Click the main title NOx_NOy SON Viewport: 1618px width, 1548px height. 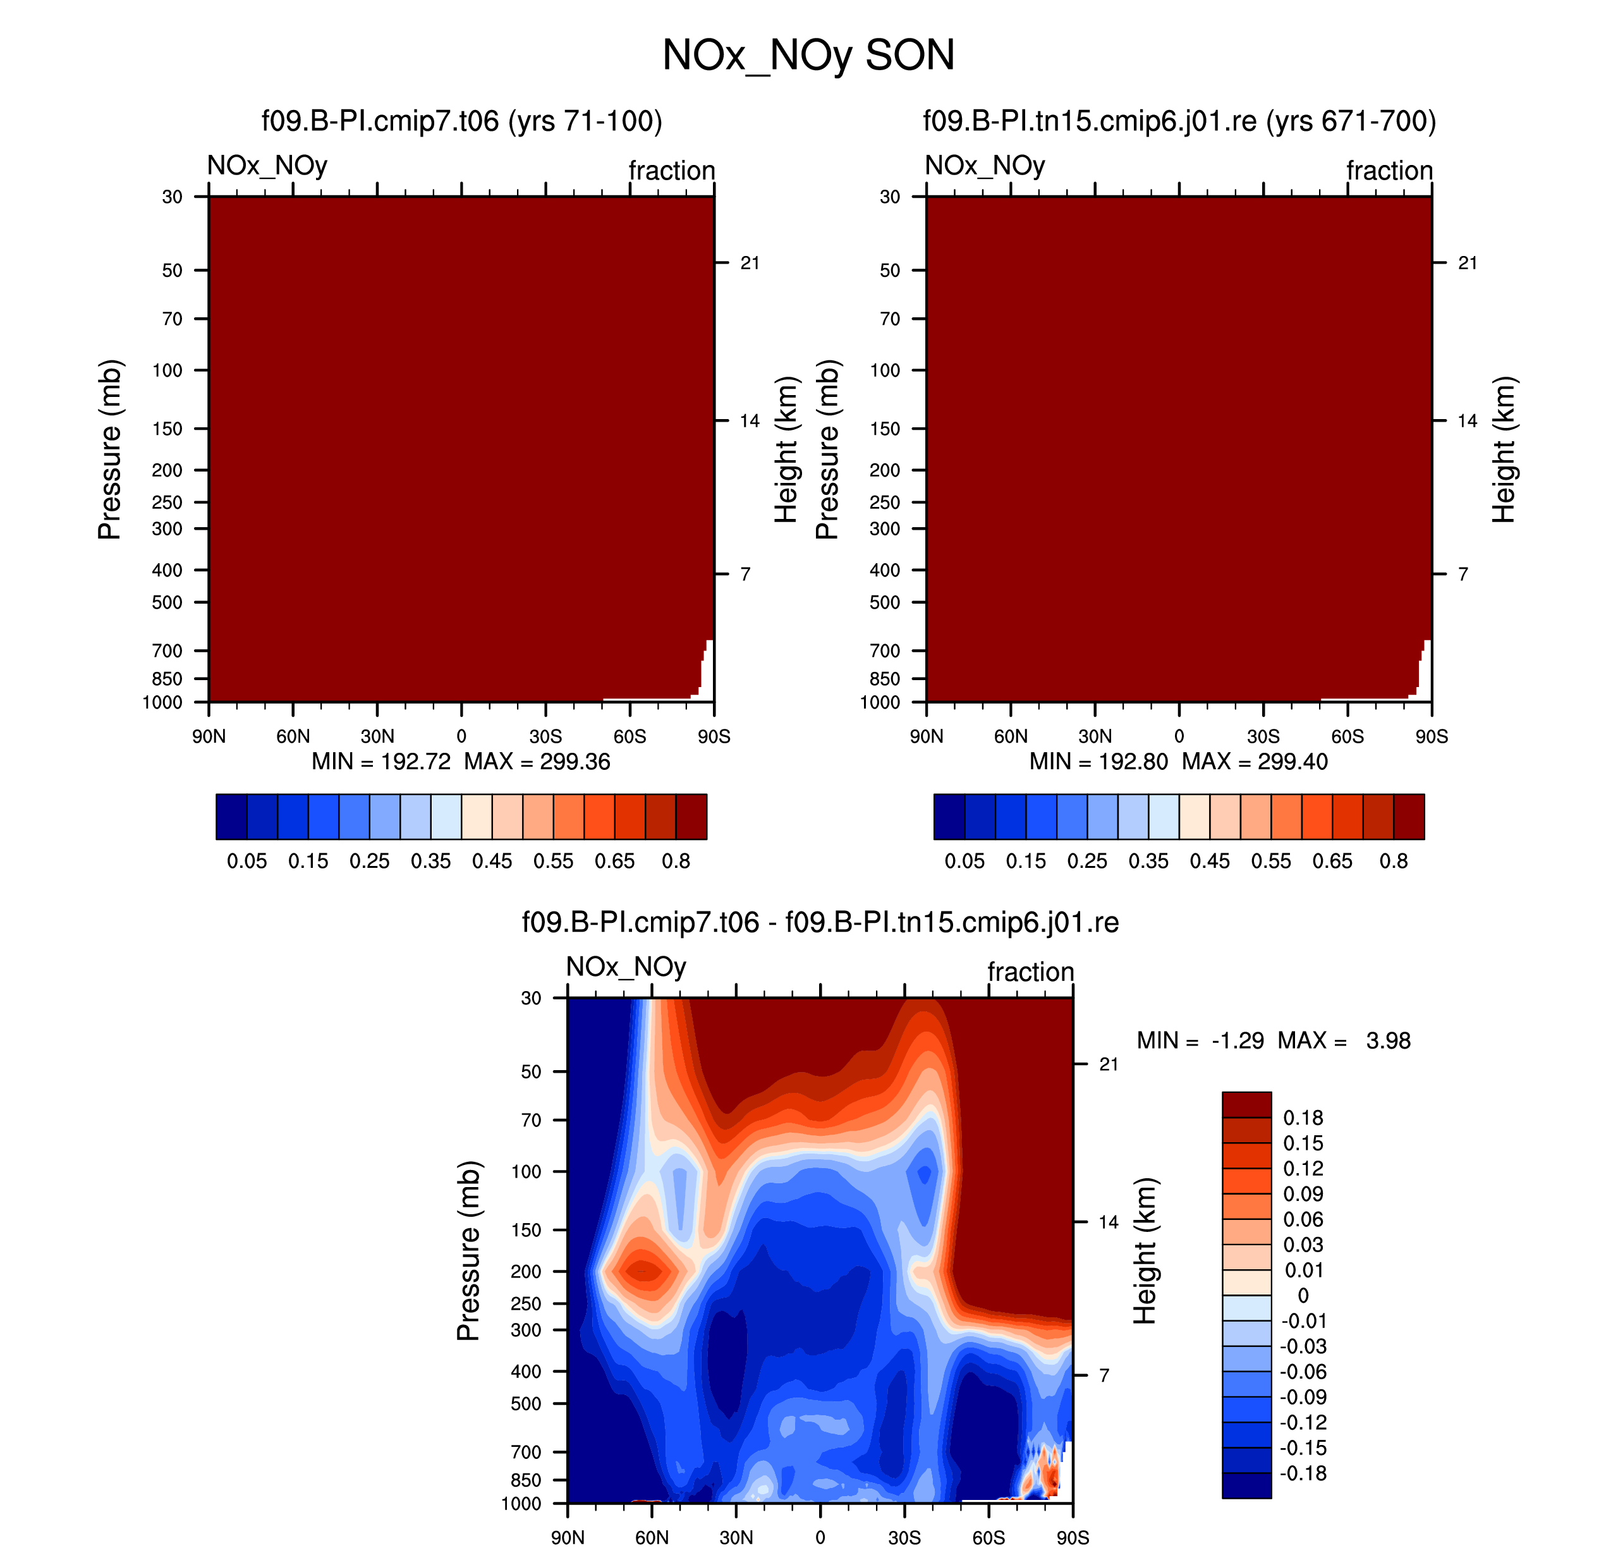tap(808, 55)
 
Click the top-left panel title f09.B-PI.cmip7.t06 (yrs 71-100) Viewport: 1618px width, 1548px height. tap(462, 121)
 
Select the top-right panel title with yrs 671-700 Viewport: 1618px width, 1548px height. tap(1179, 121)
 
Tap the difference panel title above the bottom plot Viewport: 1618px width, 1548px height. tap(820, 922)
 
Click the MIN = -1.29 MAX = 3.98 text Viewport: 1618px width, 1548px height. tap(1273, 1040)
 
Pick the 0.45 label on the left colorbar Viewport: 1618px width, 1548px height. tap(492, 861)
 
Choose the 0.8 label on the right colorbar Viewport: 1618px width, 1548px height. tap(1394, 861)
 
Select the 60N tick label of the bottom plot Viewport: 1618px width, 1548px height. tap(652, 1537)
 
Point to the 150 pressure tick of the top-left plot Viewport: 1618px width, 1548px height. tap(167, 429)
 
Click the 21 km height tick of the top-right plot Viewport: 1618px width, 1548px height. tap(1467, 262)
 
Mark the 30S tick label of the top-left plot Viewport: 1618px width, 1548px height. tap(545, 736)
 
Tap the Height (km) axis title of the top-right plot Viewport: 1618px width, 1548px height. tap(1504, 449)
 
